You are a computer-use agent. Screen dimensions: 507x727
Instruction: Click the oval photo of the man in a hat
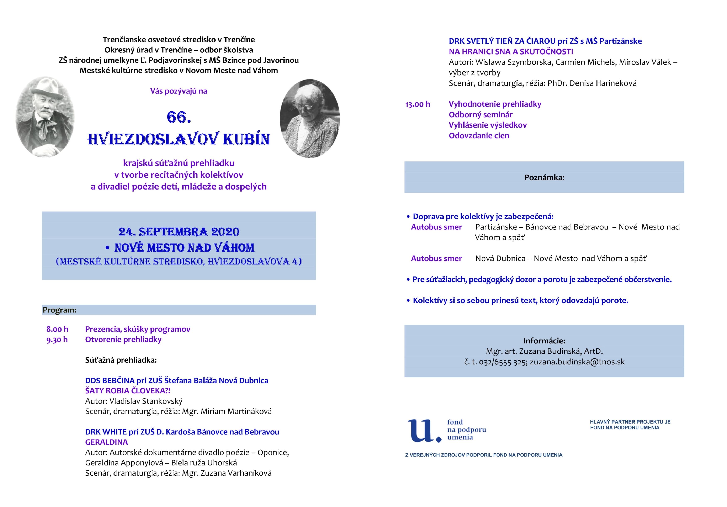point(45,117)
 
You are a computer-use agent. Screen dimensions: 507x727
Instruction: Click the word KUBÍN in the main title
point(246,139)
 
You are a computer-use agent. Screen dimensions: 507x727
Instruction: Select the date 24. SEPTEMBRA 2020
point(179,232)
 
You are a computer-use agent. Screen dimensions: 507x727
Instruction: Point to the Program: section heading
point(59,310)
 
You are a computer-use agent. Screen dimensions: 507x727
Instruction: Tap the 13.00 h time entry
point(418,104)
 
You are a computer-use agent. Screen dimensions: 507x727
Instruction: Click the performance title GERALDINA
point(106,442)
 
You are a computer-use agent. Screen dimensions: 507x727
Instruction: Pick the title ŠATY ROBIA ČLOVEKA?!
point(128,391)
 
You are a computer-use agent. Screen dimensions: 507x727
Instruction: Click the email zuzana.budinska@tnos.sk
point(577,362)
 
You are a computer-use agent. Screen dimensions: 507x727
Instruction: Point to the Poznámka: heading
point(544,177)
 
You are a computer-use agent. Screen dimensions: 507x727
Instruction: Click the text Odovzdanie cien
point(479,136)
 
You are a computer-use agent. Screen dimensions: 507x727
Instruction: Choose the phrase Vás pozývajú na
point(179,91)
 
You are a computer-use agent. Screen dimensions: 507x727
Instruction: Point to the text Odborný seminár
point(480,114)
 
